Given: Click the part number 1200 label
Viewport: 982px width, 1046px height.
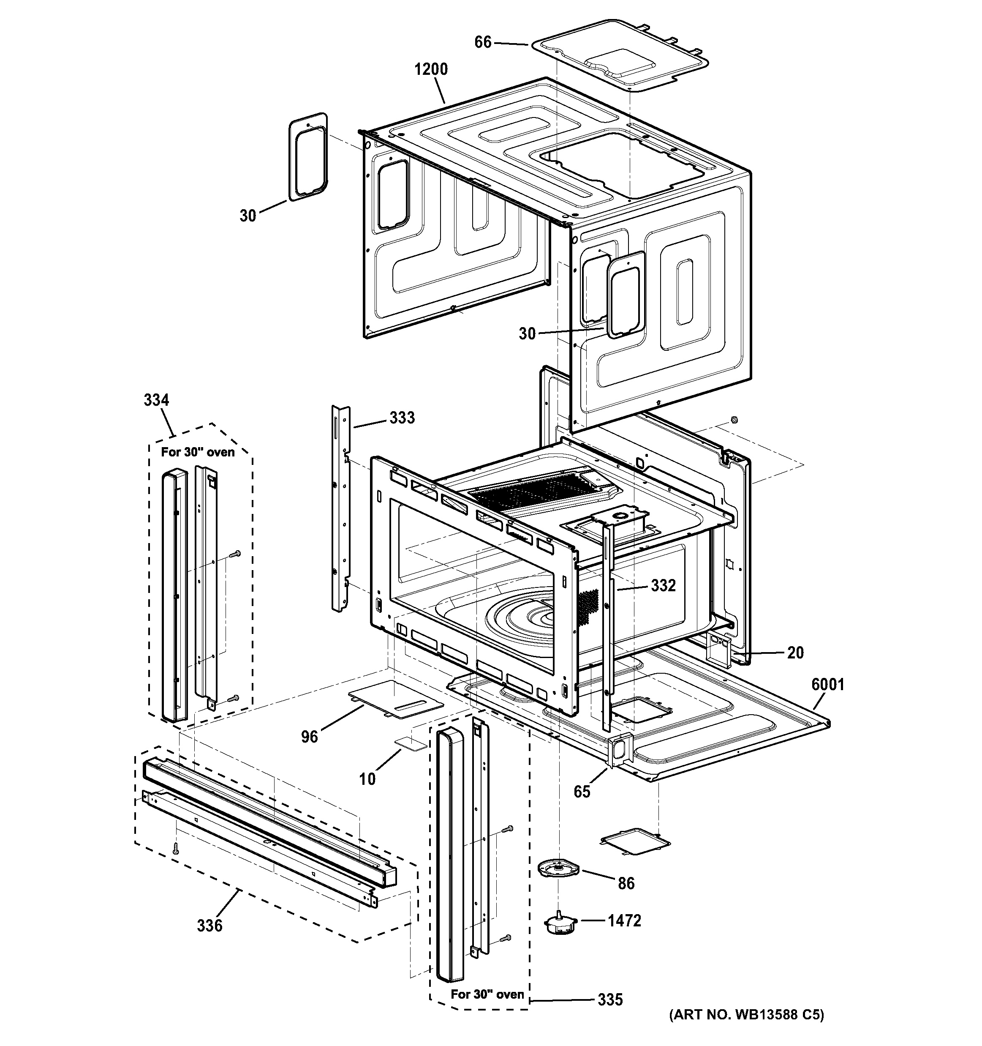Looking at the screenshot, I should click(x=431, y=69).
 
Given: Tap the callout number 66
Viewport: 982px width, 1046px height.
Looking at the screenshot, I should click(x=483, y=42).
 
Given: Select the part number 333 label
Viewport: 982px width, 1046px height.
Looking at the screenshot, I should click(x=402, y=418).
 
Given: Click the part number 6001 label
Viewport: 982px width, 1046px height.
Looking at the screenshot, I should click(x=827, y=685).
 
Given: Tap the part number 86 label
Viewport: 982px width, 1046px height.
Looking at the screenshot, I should click(x=626, y=883).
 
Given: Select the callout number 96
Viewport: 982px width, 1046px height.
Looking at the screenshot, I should click(x=309, y=737).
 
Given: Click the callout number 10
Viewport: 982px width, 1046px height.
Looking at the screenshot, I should click(x=367, y=779).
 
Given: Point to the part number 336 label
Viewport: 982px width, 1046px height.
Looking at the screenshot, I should click(x=210, y=926).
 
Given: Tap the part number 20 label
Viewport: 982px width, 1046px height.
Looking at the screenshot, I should click(x=795, y=653).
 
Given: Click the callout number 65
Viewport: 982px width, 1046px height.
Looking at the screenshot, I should click(x=582, y=791).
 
